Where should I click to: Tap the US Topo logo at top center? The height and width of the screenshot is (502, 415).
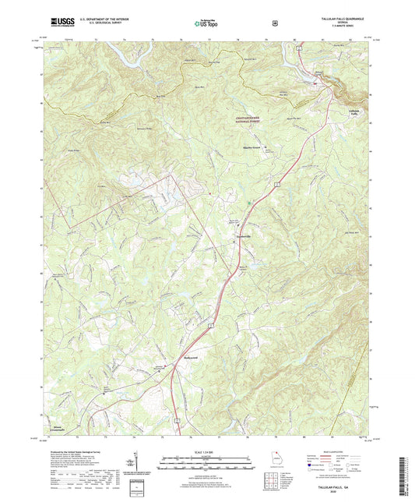[207, 23]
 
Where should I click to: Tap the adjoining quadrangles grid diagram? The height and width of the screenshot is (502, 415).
[269, 483]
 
